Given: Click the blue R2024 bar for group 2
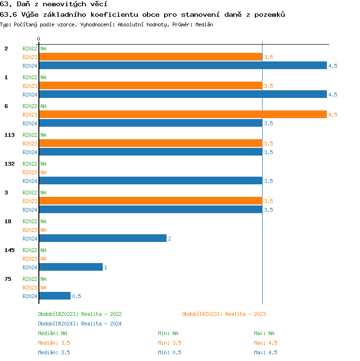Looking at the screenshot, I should click(x=182, y=66).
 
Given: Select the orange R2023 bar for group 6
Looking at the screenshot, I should click(x=182, y=115).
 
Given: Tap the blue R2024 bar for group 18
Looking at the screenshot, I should click(x=103, y=239).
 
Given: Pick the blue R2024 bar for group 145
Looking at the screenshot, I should click(x=71, y=267).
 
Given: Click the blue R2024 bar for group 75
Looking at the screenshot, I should click(x=55, y=296).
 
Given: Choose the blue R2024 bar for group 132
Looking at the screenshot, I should click(x=151, y=181).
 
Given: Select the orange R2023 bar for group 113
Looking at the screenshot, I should click(x=151, y=144).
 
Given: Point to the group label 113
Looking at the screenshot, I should click(x=10, y=135).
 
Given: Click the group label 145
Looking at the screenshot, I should click(x=10, y=250).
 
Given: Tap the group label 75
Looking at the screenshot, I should click(x=8, y=279).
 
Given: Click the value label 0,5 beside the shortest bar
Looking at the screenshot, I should click(x=76, y=296).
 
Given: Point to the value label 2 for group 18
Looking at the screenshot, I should click(x=169, y=239).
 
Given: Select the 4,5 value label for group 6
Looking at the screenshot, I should click(x=333, y=115).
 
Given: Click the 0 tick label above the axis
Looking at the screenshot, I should click(x=39, y=39).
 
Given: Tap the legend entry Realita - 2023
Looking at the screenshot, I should click(x=224, y=314).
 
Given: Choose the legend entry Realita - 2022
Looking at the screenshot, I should click(x=80, y=314).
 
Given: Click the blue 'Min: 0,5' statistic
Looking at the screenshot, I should click(x=169, y=352).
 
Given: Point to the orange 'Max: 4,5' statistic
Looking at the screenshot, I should click(x=265, y=343).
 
